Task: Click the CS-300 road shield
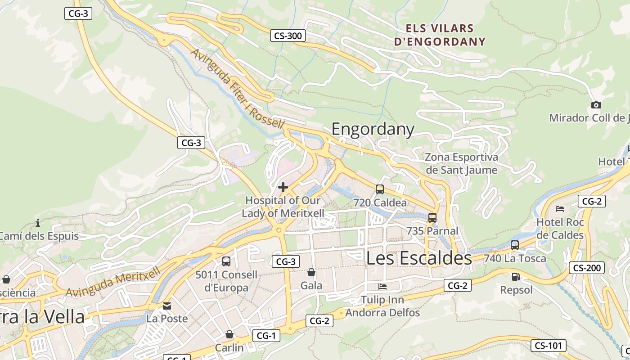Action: (x=288, y=36)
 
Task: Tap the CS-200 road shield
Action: (x=587, y=268)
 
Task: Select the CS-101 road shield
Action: (x=548, y=346)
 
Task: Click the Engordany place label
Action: (x=373, y=129)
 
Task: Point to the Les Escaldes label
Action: (x=419, y=258)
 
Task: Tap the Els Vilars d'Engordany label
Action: (x=440, y=35)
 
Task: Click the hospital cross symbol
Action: (x=283, y=187)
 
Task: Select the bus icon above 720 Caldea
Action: (x=380, y=189)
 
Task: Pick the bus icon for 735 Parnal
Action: (x=432, y=218)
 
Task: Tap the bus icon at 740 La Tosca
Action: (x=515, y=245)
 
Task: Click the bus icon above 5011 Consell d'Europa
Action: (x=226, y=261)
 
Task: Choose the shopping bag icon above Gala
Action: (x=311, y=272)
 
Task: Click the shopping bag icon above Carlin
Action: (x=229, y=334)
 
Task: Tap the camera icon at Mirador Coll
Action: (x=596, y=105)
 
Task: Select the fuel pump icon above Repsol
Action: (x=516, y=277)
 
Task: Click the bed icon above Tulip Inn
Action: (x=382, y=286)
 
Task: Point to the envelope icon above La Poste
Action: (x=167, y=306)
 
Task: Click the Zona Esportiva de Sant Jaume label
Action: (x=462, y=163)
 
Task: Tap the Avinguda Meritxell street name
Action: (x=113, y=282)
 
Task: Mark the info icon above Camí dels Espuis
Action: (x=38, y=223)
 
